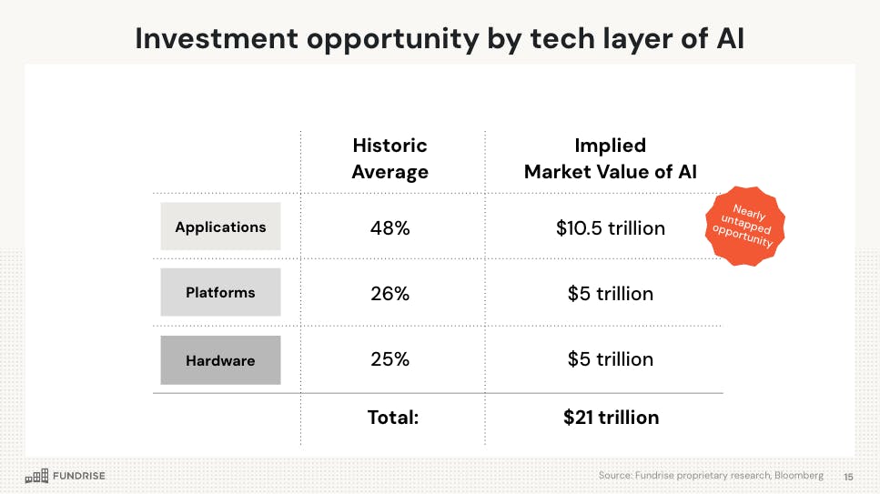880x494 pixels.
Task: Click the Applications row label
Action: point(220,227)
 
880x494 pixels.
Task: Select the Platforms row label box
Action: point(220,293)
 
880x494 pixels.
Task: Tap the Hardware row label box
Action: point(220,360)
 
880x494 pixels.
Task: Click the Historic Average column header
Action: point(389,158)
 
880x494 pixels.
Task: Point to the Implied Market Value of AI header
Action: point(610,158)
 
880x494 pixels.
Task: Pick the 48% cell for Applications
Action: point(389,228)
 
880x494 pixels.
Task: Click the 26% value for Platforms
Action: point(389,294)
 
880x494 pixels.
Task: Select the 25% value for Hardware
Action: point(389,359)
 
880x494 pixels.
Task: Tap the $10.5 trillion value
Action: point(610,228)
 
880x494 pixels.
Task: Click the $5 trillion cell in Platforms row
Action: point(610,294)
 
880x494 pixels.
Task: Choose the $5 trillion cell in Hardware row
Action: point(610,359)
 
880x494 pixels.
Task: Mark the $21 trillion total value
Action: point(611,418)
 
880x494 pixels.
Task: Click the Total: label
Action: point(392,418)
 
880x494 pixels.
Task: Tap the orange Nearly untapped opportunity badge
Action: point(744,227)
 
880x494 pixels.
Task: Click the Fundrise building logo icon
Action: point(36,476)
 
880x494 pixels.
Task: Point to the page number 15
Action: point(848,477)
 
